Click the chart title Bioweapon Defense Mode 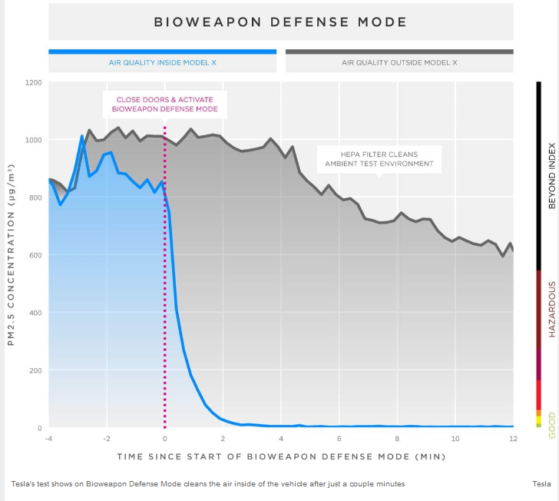tap(280, 22)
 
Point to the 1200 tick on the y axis tap(33, 82)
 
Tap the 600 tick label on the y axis tap(35, 255)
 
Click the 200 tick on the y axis tap(35, 370)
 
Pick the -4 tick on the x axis tap(49, 439)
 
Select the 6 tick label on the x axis tap(339, 439)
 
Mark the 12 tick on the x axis tap(513, 439)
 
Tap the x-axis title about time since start tap(281, 456)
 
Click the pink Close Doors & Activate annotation tap(165, 105)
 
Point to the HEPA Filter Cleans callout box tap(379, 158)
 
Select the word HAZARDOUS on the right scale tap(551, 308)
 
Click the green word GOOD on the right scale tap(551, 425)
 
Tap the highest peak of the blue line tap(82, 137)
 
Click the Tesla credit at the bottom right tap(541, 483)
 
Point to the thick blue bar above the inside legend tap(162, 51)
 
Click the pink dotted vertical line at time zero tap(164, 307)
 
